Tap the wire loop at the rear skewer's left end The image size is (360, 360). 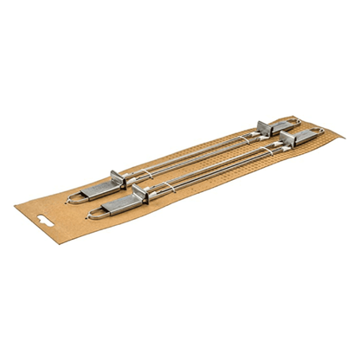click(x=73, y=197)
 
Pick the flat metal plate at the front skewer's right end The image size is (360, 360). click(x=300, y=137)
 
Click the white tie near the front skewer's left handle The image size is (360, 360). click(x=154, y=193)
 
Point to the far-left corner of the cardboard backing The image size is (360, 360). click(x=16, y=205)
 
